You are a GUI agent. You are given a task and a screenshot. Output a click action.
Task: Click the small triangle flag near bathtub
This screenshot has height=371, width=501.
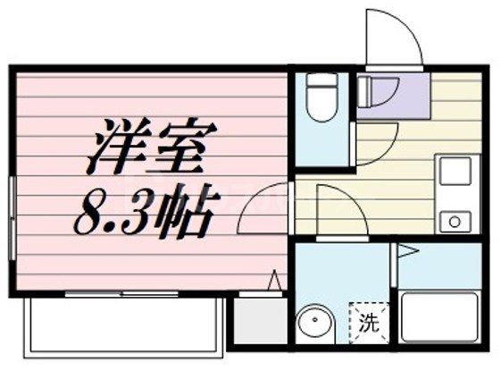tap(406, 251)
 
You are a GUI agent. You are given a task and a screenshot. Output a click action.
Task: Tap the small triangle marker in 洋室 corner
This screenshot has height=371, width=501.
tap(276, 281)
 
